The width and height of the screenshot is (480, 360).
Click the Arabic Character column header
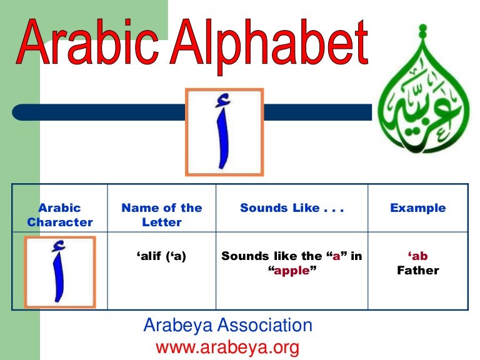click(60, 215)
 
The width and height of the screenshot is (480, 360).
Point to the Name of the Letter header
click(162, 215)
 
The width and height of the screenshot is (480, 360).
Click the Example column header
click(418, 208)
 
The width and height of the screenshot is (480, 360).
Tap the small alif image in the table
click(60, 271)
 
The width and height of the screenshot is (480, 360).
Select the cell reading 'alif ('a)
click(162, 256)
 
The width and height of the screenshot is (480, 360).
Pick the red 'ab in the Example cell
click(418, 256)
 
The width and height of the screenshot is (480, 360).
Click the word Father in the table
click(418, 271)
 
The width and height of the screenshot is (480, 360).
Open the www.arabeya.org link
click(227, 346)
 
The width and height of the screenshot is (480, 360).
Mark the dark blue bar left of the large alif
click(100, 112)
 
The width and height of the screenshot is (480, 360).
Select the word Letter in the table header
click(162, 222)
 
